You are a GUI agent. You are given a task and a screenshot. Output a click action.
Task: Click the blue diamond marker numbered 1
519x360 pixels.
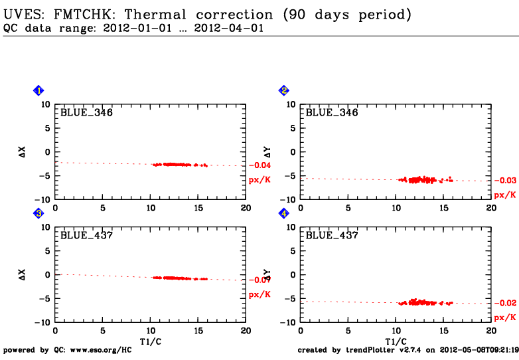pyautogui.click(x=38, y=90)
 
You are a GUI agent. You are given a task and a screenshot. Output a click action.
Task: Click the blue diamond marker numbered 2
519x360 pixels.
pyautogui.click(x=284, y=90)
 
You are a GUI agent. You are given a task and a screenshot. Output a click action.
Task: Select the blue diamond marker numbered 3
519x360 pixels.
pyautogui.click(x=38, y=213)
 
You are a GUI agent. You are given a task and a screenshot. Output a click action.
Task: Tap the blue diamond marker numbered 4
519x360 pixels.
pyautogui.click(x=284, y=213)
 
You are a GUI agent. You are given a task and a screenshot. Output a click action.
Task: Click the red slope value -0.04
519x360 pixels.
pyautogui.click(x=260, y=165)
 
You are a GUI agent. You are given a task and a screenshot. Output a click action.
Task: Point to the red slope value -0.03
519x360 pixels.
pyautogui.click(x=506, y=180)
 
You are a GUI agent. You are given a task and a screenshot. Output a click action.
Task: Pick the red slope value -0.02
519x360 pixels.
pyautogui.click(x=506, y=303)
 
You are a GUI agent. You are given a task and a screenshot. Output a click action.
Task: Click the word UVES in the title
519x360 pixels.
pyautogui.click(x=21, y=14)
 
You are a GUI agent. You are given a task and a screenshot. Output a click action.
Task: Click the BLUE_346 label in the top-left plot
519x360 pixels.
pyautogui.click(x=86, y=112)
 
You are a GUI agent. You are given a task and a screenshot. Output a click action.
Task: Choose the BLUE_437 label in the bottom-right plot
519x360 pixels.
pyautogui.click(x=332, y=235)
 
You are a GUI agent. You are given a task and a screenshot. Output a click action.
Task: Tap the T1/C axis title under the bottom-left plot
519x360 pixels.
pyautogui.click(x=150, y=341)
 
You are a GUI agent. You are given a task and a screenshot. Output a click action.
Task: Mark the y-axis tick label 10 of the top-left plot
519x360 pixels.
pyautogui.click(x=45, y=104)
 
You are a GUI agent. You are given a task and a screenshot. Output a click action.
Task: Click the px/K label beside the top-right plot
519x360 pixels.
pyautogui.click(x=506, y=195)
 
